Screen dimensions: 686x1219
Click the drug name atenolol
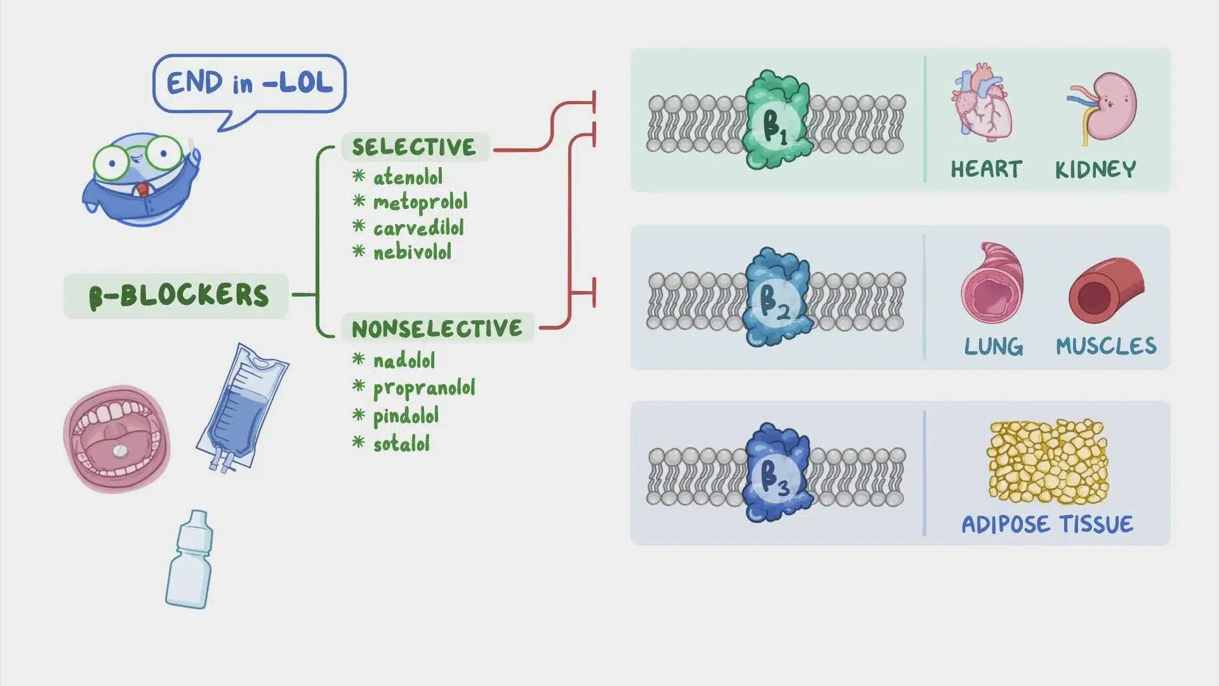tap(408, 177)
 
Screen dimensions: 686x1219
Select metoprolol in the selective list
tap(420, 203)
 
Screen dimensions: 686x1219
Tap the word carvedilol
tap(418, 227)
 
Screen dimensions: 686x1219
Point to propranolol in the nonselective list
tap(423, 388)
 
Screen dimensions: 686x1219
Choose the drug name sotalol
tap(401, 443)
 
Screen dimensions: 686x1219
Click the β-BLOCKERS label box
tap(176, 296)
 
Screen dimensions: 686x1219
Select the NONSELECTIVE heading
tap(437, 328)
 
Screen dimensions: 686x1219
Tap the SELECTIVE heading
tap(414, 147)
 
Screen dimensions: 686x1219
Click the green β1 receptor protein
tap(776, 121)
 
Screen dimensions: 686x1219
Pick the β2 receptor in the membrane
tap(776, 297)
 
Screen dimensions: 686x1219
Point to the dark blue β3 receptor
tap(776, 473)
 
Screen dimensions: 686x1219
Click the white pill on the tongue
tap(119, 451)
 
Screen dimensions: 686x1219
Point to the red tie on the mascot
tap(143, 189)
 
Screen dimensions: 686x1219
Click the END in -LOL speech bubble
tap(250, 84)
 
